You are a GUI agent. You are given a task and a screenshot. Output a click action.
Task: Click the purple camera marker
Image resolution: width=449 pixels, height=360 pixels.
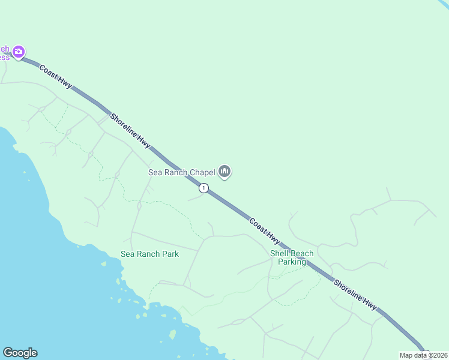click(19, 52)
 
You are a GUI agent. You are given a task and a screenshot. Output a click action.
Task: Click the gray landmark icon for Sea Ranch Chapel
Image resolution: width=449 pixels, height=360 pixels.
click(225, 172)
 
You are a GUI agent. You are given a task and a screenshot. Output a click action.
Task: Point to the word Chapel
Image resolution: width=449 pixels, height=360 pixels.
click(202, 172)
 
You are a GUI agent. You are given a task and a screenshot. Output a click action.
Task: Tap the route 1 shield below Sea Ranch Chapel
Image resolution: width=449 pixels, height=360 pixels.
click(204, 188)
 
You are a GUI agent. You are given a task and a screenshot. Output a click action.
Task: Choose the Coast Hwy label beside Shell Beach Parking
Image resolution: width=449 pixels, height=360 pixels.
click(265, 231)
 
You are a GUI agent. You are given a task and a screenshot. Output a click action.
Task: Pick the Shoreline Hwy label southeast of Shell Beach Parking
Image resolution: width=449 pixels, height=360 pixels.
click(355, 295)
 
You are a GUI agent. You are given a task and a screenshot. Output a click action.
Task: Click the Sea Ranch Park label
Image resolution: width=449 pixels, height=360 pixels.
click(149, 254)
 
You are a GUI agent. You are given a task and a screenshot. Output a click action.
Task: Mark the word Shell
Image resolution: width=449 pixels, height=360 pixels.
click(279, 254)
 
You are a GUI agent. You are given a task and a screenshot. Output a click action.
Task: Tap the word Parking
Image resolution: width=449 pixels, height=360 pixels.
click(292, 262)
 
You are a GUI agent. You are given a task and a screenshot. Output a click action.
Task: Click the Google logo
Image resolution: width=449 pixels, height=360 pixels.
click(20, 352)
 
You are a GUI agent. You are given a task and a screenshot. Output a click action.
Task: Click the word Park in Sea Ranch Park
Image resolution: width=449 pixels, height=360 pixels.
click(170, 254)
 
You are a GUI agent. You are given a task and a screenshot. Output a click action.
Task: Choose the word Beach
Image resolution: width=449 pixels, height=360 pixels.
click(302, 254)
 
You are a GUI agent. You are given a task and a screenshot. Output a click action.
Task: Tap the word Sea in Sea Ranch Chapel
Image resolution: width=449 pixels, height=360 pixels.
click(155, 172)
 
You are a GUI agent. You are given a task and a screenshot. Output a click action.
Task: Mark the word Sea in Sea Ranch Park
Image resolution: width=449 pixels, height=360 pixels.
click(127, 254)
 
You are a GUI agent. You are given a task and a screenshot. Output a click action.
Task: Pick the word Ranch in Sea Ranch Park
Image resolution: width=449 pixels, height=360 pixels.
click(148, 254)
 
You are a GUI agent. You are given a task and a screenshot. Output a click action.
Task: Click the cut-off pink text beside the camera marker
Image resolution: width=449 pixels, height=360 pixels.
click(5, 53)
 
